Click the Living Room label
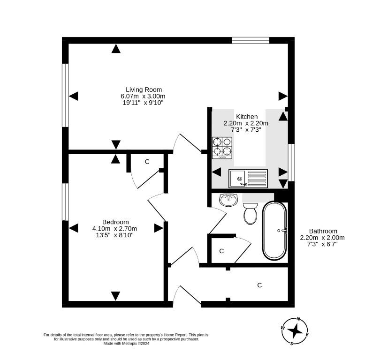pyautogui.click(x=144, y=90)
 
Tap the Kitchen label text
pyautogui.click(x=247, y=117)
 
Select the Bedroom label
pyautogui.click(x=115, y=222)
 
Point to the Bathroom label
pyautogui.click(x=323, y=231)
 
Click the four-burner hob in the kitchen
pyautogui.click(x=222, y=148)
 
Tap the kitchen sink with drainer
pyautogui.click(x=248, y=179)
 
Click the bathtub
pyautogui.click(x=275, y=231)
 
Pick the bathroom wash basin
pyautogui.click(x=228, y=200)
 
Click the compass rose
pyautogui.click(x=295, y=331)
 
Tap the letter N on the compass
pyautogui.click(x=299, y=319)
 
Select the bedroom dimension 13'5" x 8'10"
pyautogui.click(x=114, y=235)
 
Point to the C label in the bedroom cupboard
pyautogui.click(x=147, y=162)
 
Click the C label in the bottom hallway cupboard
pyautogui.click(x=259, y=285)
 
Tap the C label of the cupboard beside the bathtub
pyautogui.click(x=221, y=251)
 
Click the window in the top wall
pyautogui.click(x=251, y=40)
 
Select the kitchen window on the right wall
pyautogui.click(x=291, y=163)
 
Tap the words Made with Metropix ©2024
pyautogui.click(x=126, y=343)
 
